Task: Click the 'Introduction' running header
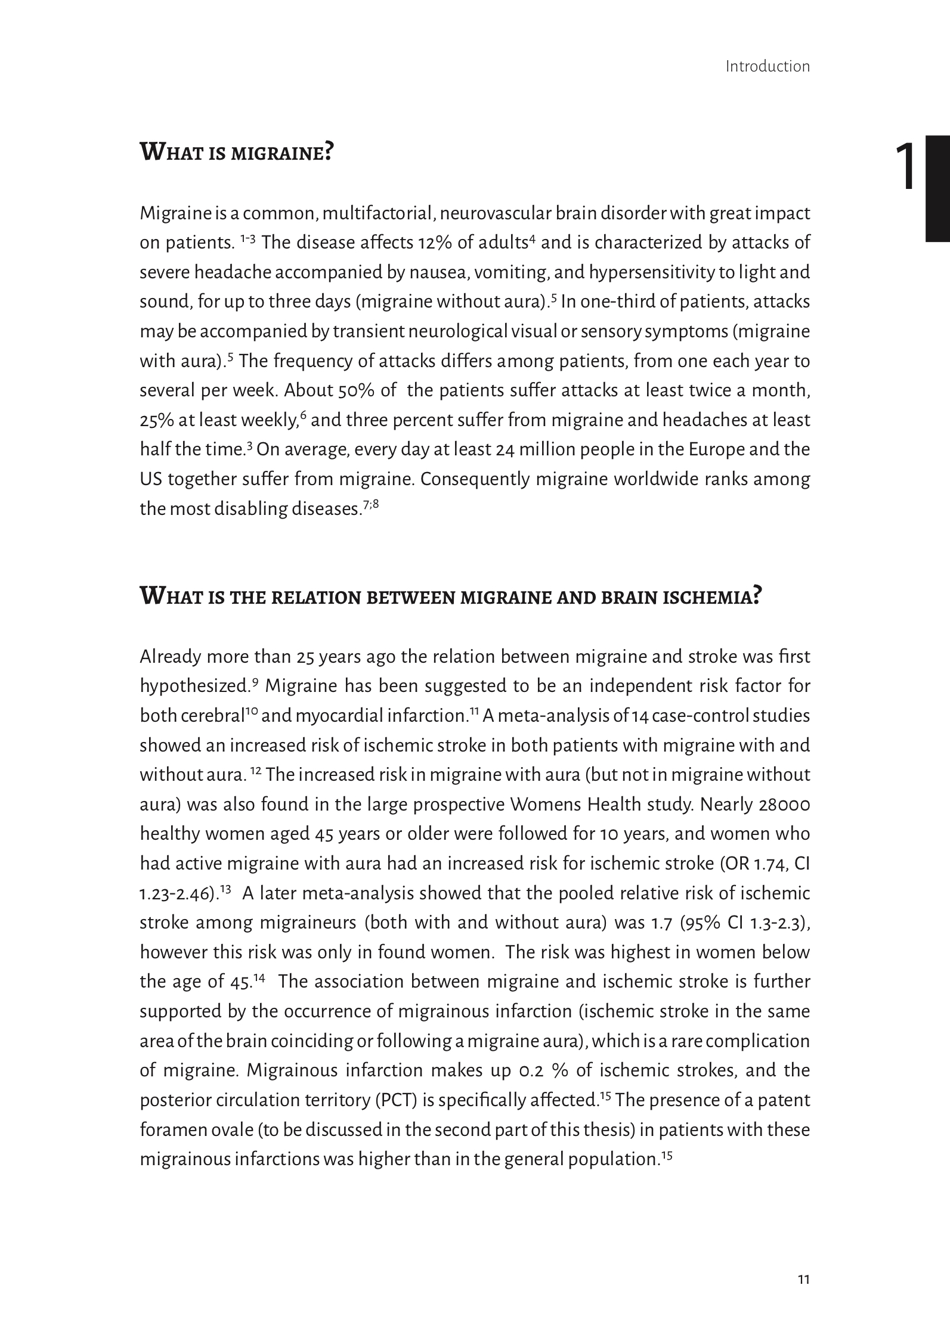[x=768, y=66]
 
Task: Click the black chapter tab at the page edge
[x=937, y=188]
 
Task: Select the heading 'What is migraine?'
[x=236, y=153]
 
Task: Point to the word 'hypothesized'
[x=194, y=687]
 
